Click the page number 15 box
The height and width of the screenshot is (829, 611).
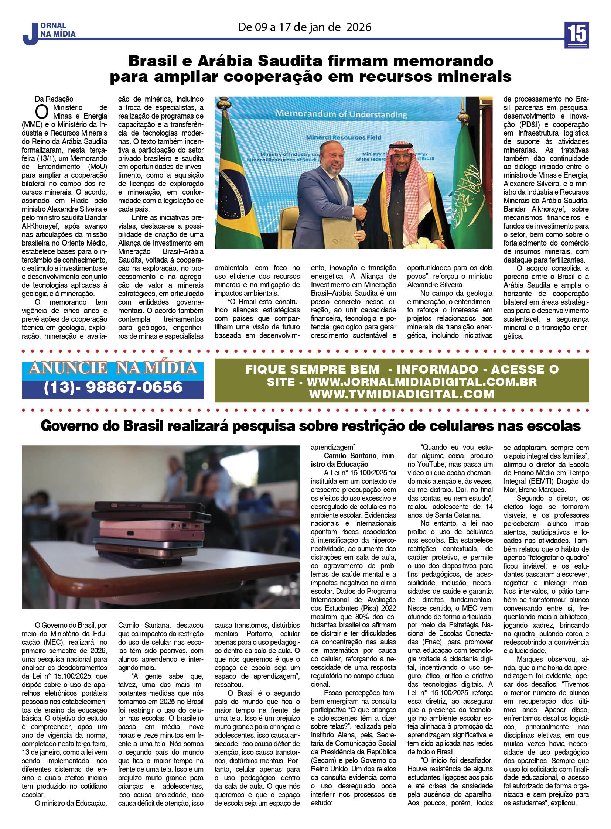point(577,35)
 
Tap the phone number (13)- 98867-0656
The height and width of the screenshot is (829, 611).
point(113,387)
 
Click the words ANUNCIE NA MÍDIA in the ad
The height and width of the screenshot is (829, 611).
point(113,368)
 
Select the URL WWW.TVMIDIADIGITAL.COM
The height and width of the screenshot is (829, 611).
point(402,394)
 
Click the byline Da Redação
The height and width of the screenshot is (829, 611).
point(54,99)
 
